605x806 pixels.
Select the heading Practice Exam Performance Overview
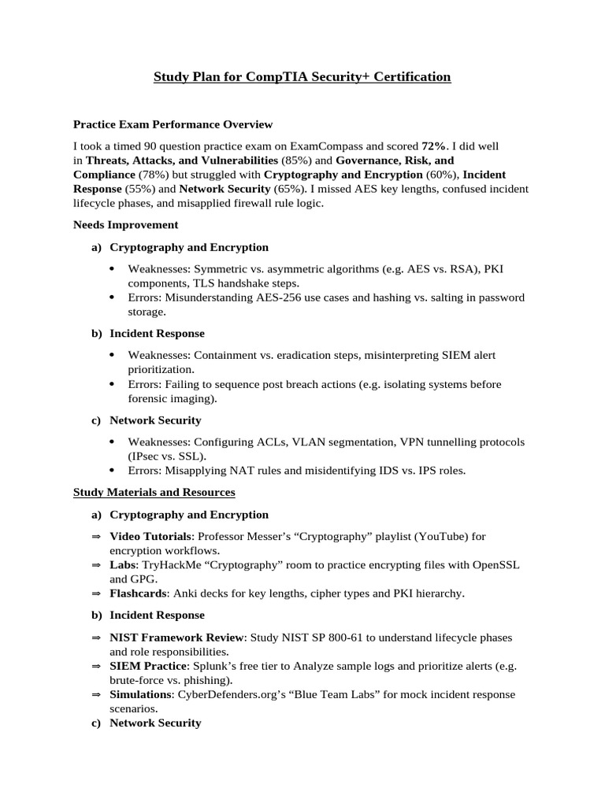(x=173, y=124)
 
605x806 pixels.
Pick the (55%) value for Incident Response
(x=139, y=189)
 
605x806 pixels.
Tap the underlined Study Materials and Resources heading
(x=154, y=492)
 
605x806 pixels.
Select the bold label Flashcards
(x=138, y=593)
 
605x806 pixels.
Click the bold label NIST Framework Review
(x=178, y=638)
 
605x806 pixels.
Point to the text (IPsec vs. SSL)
(x=166, y=457)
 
